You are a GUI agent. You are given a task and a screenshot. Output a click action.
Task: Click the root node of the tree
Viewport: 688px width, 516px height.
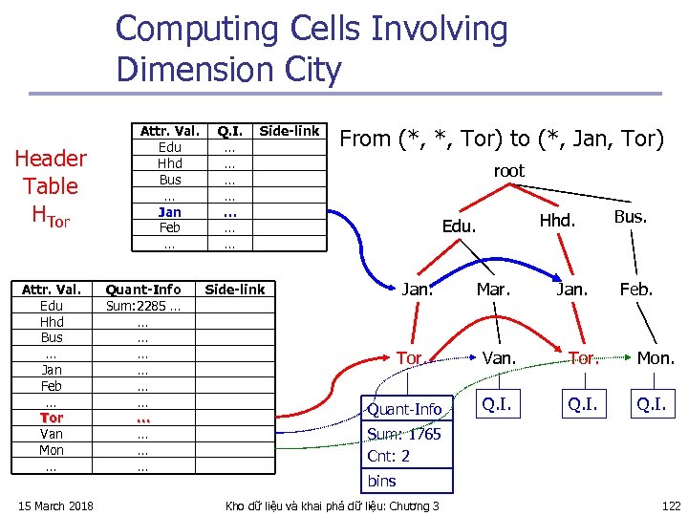point(508,171)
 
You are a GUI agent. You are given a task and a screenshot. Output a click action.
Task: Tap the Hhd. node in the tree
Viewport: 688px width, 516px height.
point(556,220)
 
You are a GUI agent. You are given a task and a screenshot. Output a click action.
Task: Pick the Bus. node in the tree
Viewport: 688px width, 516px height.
point(631,216)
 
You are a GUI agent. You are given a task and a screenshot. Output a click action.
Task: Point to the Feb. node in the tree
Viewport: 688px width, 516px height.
point(636,288)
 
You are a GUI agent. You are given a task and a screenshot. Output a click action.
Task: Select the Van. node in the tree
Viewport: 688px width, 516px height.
point(499,357)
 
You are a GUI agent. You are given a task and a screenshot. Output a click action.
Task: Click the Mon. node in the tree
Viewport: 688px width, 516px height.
point(656,357)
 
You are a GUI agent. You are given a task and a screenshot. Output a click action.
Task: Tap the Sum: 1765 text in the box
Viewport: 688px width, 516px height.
point(404,434)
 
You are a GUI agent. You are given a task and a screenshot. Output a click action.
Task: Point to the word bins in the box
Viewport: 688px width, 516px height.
point(381,481)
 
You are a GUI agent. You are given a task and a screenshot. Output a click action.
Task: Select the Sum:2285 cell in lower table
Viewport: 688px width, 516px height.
point(142,306)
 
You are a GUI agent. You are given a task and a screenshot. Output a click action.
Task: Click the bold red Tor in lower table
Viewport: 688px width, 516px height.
point(52,418)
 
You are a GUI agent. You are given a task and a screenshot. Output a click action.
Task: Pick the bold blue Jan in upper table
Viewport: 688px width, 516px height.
point(169,211)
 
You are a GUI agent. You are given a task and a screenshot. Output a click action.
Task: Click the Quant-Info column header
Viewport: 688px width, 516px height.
point(142,289)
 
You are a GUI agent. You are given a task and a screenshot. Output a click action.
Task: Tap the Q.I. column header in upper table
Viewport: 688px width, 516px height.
point(228,131)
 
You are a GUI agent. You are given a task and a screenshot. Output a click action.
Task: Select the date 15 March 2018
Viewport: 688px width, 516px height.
point(56,505)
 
